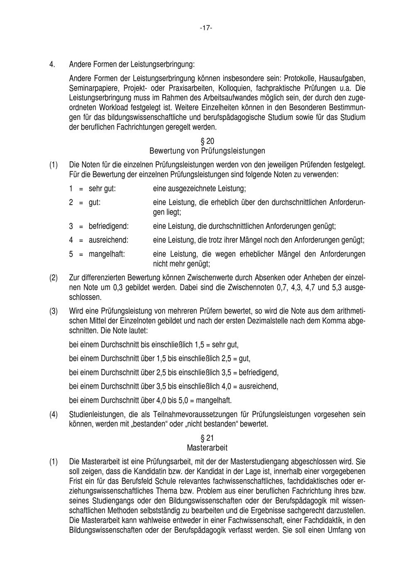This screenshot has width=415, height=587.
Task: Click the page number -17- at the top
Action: (x=206, y=28)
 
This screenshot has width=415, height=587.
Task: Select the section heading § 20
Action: (x=207, y=142)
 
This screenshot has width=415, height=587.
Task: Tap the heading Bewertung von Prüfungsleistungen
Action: (x=207, y=151)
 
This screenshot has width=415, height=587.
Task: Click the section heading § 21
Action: (x=207, y=438)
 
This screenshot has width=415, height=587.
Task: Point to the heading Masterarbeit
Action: (x=207, y=448)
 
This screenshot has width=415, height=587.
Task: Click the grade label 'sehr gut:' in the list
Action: (x=102, y=189)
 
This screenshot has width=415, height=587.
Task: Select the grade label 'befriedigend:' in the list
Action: (x=109, y=227)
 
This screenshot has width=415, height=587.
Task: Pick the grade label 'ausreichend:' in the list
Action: (x=108, y=240)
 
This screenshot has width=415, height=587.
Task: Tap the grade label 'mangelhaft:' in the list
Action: (x=107, y=254)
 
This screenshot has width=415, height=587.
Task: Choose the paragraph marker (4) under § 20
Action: (x=54, y=414)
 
